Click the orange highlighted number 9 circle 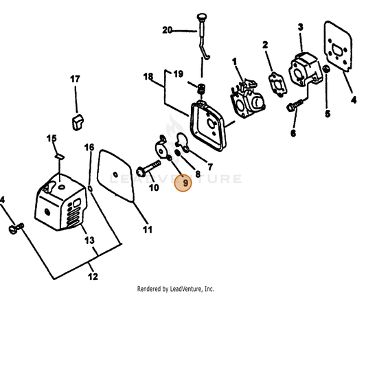pyautogui.click(x=183, y=183)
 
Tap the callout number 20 pyautogui.click(x=167, y=30)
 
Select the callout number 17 pyautogui.click(x=75, y=79)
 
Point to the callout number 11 pyautogui.click(x=148, y=229)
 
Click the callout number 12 pyautogui.click(x=93, y=277)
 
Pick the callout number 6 pyautogui.click(x=293, y=133)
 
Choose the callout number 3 pyautogui.click(x=300, y=27)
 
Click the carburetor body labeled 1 pyautogui.click(x=247, y=99)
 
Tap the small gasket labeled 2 pyautogui.click(x=277, y=84)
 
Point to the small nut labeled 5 pyautogui.click(x=326, y=69)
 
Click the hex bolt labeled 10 pyautogui.click(x=148, y=168)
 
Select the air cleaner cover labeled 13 pyautogui.click(x=60, y=203)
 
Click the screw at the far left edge pyautogui.click(x=16, y=228)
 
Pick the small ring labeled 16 pyautogui.click(x=90, y=188)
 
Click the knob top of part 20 pyautogui.click(x=201, y=16)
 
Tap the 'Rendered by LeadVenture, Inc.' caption pyautogui.click(x=176, y=289)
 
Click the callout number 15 pyautogui.click(x=52, y=138)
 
